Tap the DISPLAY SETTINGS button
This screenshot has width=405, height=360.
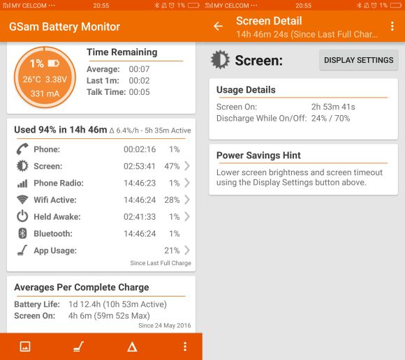point(358,60)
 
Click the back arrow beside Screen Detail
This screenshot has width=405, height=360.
point(218,26)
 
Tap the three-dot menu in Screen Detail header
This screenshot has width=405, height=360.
point(392,26)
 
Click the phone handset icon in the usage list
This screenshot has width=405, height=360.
point(22,149)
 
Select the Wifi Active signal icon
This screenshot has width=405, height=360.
point(22,200)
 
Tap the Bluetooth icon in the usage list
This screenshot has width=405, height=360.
point(22,233)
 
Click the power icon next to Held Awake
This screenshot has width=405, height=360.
point(22,216)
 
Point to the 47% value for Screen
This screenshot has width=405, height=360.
point(172,166)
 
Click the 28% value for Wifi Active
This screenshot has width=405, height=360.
point(172,200)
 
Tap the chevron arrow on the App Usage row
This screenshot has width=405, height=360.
point(187,250)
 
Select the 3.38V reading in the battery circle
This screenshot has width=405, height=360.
point(56,80)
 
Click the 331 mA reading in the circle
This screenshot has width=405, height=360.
point(45,93)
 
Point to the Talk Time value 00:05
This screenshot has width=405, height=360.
point(139,92)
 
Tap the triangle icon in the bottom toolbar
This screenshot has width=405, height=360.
point(132,347)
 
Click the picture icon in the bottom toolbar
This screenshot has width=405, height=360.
point(25,346)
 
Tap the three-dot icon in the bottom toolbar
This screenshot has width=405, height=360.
point(185,346)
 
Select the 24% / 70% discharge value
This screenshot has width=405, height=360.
point(330,118)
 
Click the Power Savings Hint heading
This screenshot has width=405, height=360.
point(258,156)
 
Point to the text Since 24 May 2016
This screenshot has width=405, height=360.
point(165,325)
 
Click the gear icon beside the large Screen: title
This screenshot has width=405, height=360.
point(220,59)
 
